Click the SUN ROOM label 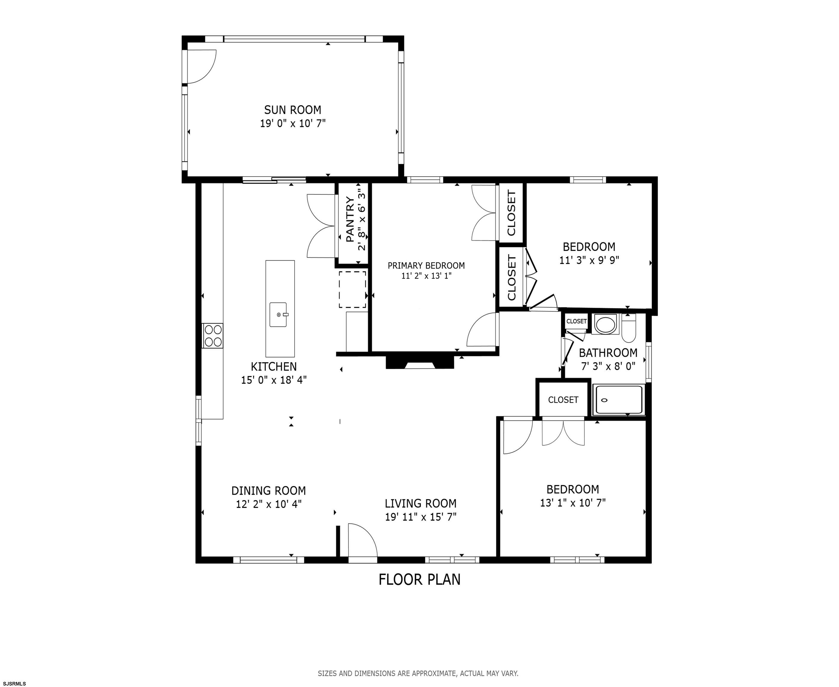click(293, 110)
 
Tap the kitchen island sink click(278, 315)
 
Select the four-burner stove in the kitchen click(213, 335)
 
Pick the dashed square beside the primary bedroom click(352, 289)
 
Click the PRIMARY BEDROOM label click(426, 266)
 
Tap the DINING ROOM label click(269, 491)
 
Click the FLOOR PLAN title click(420, 579)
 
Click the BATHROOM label click(608, 353)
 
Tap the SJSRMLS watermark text click(13, 683)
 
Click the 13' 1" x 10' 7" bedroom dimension click(573, 503)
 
